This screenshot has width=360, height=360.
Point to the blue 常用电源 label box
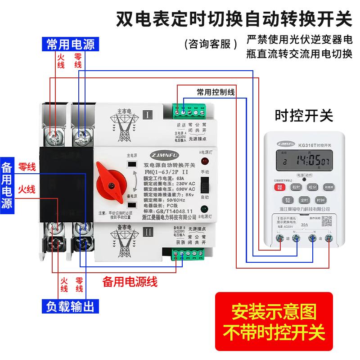point(71,44)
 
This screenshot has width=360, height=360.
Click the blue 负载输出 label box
point(71,307)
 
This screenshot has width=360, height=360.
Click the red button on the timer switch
point(279,187)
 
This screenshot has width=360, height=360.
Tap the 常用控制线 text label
point(216,92)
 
